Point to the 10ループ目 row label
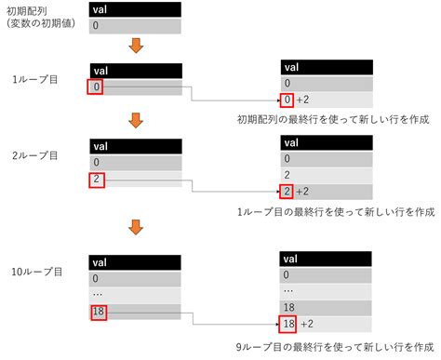(38, 272)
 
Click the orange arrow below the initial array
(136, 47)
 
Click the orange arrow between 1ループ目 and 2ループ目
(136, 119)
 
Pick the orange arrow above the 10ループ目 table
(136, 226)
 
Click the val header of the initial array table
(136, 9)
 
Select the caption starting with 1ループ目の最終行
(337, 211)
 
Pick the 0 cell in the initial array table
(136, 27)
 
